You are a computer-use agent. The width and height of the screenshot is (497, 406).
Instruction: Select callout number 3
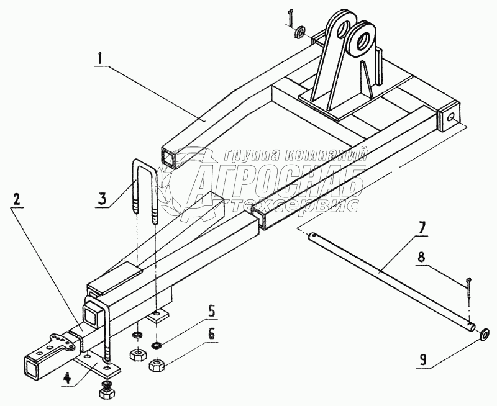point(103,200)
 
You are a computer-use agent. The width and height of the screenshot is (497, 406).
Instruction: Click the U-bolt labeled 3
point(146,186)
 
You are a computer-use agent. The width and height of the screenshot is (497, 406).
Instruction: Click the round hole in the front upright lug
point(361,41)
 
